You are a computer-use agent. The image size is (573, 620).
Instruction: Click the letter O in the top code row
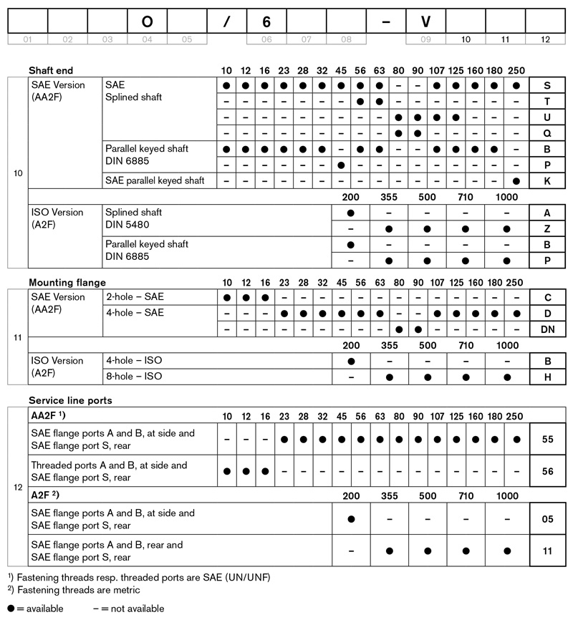(x=147, y=21)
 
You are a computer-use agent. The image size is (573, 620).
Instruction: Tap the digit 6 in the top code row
(x=266, y=21)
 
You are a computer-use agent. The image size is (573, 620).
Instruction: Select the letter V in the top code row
(x=425, y=21)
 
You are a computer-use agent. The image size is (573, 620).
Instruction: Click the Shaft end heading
(x=51, y=71)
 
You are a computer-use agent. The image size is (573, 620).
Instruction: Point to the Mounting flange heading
(x=67, y=283)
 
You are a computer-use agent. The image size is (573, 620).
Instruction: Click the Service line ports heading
(x=70, y=400)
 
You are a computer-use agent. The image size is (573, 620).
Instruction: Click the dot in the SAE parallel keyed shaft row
(x=516, y=181)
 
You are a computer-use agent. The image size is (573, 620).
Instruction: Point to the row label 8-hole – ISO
(x=133, y=376)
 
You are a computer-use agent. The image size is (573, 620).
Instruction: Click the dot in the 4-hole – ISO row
(x=351, y=360)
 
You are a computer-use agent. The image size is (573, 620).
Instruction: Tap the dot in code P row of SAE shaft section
(x=342, y=165)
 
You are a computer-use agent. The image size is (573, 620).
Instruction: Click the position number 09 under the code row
(x=425, y=39)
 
